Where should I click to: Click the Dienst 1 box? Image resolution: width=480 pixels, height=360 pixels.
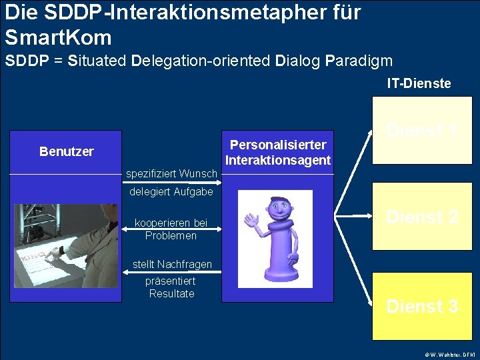[x=422, y=130]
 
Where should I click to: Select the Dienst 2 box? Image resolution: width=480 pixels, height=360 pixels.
[x=422, y=217]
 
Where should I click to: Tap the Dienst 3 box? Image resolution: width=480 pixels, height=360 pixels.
[x=422, y=306]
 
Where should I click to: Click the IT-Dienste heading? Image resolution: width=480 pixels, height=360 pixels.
[x=419, y=83]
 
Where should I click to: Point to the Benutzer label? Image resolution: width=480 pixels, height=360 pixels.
[x=66, y=151]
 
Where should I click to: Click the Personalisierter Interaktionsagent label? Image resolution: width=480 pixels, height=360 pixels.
[x=278, y=152]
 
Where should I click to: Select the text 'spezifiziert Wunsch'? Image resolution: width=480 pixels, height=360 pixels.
[x=171, y=174]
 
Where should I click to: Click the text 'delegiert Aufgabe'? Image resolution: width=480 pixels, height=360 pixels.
[x=171, y=192]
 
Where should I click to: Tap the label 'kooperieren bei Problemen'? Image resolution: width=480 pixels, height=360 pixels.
[x=171, y=229]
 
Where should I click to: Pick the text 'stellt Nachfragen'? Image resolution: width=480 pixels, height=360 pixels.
[x=172, y=265]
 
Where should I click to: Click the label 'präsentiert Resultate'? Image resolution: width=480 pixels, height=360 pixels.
[x=171, y=287]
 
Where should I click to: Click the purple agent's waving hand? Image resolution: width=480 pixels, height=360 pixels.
[x=251, y=220]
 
